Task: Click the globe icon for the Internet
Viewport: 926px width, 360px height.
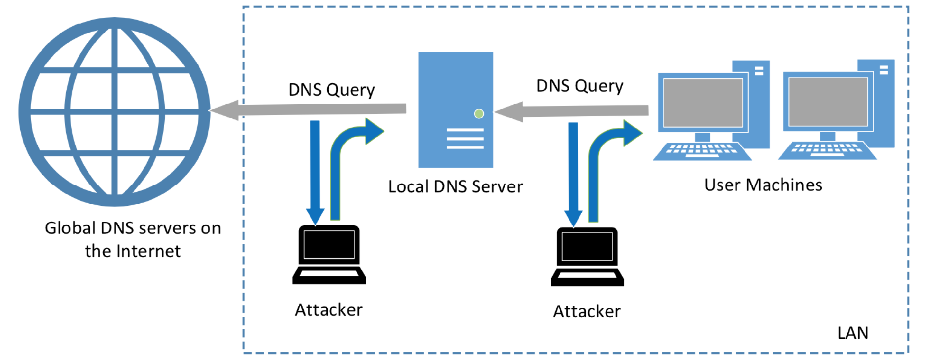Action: click(x=114, y=112)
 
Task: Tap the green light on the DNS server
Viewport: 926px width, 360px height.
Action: click(x=479, y=114)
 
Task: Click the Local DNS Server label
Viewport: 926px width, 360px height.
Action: click(x=456, y=187)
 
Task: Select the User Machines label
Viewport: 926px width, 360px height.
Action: click(x=763, y=185)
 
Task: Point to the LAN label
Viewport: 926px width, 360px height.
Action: click(x=853, y=333)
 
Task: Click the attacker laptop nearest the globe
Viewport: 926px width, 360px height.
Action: click(x=329, y=255)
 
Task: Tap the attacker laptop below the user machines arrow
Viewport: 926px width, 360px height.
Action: click(x=587, y=256)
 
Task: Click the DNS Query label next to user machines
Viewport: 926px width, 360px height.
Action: click(x=580, y=86)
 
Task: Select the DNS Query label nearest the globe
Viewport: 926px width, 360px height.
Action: click(x=331, y=90)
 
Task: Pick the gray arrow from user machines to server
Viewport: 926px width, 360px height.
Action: click(x=571, y=111)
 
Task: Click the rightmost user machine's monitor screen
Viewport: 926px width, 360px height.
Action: click(x=828, y=101)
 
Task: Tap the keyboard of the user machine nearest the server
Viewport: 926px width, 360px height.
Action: click(x=702, y=151)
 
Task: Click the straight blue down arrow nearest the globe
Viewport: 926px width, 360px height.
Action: click(x=315, y=173)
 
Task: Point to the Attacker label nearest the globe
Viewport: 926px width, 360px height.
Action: click(x=329, y=310)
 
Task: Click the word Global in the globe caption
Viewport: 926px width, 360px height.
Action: click(x=70, y=228)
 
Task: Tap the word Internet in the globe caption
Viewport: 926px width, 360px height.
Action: click(x=148, y=251)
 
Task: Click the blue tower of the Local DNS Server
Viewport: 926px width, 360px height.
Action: click(x=456, y=110)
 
